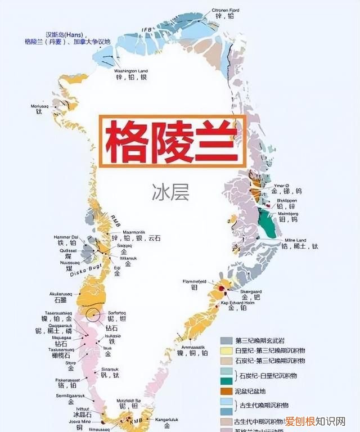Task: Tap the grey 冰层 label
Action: (170, 193)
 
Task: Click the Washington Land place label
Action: (130, 71)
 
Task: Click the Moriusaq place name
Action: (39, 106)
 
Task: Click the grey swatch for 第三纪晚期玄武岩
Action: (226, 341)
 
